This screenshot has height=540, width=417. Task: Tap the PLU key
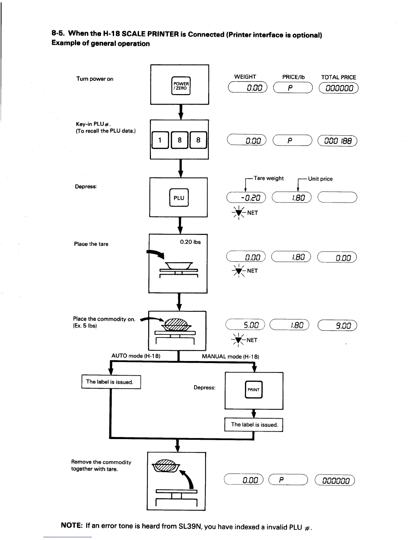coord(179,198)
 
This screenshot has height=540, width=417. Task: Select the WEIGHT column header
coord(245,77)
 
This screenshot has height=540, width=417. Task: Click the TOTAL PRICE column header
coord(338,77)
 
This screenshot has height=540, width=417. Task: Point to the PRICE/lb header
coord(293,77)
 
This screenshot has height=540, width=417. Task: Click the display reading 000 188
coord(337,140)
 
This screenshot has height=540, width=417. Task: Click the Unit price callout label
coord(320,179)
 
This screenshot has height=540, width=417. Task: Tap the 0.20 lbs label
coord(190,242)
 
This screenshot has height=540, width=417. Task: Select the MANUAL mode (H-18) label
coord(231,357)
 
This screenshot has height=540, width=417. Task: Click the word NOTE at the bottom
coord(70,525)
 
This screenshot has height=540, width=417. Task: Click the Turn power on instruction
coord(95,79)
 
